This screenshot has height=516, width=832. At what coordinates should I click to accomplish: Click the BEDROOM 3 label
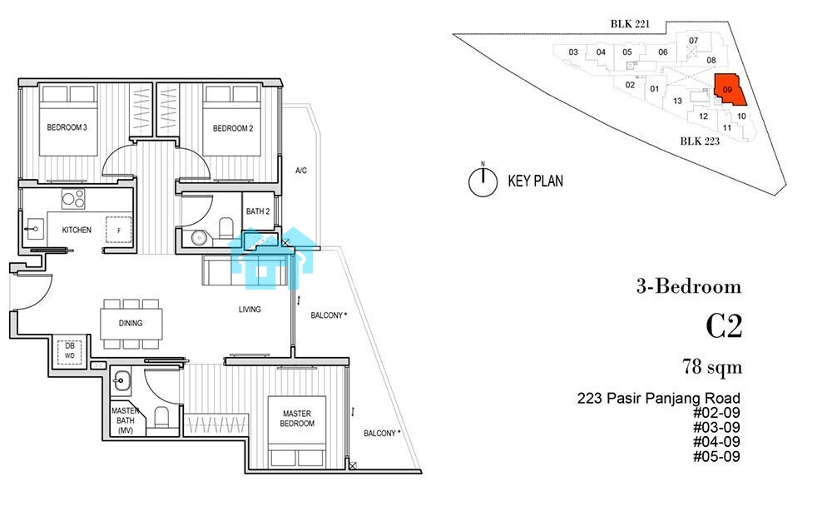pyautogui.click(x=67, y=127)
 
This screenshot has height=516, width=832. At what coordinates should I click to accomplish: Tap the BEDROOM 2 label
pyautogui.click(x=233, y=128)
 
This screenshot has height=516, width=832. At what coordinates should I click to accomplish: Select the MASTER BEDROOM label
pyautogui.click(x=297, y=419)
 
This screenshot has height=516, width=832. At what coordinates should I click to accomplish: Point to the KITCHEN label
pyautogui.click(x=77, y=230)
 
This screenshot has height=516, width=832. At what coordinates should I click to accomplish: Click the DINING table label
pyautogui.click(x=131, y=323)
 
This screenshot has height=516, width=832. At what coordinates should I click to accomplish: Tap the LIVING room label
pyautogui.click(x=250, y=310)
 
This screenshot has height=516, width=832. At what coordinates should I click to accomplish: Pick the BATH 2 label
pyautogui.click(x=258, y=211)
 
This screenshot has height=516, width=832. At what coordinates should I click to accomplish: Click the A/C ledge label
pyautogui.click(x=301, y=171)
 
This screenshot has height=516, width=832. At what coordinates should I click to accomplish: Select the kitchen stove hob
pyautogui.click(x=73, y=199)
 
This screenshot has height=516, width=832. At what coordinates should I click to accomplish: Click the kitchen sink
pyautogui.click(x=33, y=230)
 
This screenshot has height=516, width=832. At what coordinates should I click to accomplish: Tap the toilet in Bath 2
pyautogui.click(x=226, y=227)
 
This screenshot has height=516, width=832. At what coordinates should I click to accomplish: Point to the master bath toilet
pyautogui.click(x=161, y=417)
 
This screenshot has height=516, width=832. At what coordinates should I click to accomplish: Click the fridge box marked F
pyautogui.click(x=119, y=230)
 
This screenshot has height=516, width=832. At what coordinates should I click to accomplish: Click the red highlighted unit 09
pyautogui.click(x=729, y=89)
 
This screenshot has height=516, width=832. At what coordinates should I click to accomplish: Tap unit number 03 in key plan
pyautogui.click(x=573, y=52)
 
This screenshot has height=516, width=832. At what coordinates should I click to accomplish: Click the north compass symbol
pyautogui.click(x=483, y=181)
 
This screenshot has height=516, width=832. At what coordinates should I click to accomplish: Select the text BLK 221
pyautogui.click(x=630, y=24)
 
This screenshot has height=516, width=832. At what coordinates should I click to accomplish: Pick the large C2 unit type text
pyautogui.click(x=724, y=326)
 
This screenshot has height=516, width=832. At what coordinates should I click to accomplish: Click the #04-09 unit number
pyautogui.click(x=716, y=442)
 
